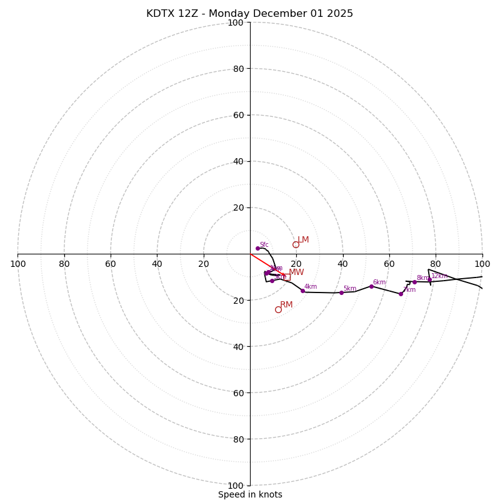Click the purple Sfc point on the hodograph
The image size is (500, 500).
tap(257, 248)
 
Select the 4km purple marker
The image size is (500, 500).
tap(302, 291)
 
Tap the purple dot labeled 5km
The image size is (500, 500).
tap(341, 292)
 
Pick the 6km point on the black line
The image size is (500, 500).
tap(371, 286)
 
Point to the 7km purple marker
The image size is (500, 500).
tap(401, 294)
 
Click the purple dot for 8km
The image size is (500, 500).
tap(414, 282)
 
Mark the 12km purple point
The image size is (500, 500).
tap(429, 279)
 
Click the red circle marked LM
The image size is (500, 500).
tap(296, 244)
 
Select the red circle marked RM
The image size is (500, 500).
tap(278, 309)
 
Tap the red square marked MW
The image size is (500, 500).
tap(287, 277)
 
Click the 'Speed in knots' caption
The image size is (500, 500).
tap(250, 495)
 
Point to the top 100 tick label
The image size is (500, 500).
tap(236, 22)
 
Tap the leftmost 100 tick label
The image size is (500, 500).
tap(17, 264)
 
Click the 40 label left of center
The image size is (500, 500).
tap(157, 264)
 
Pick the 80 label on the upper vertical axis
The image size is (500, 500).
tap(237, 69)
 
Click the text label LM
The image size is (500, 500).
tap(303, 240)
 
